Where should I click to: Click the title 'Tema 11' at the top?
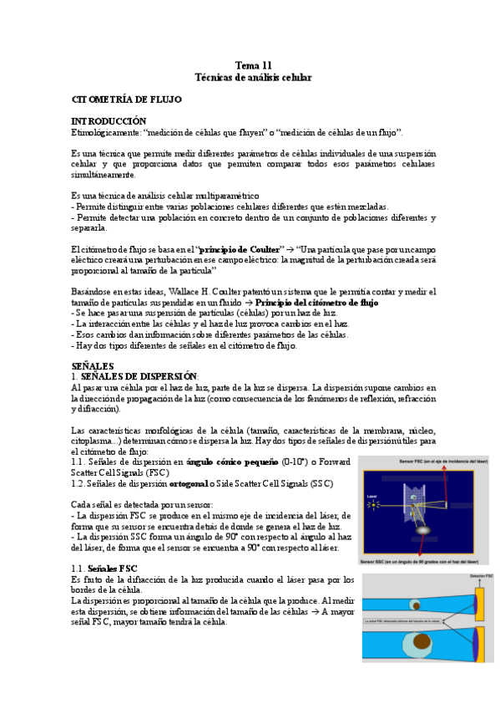point(253,64)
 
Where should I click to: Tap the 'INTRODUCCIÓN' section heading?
point(109,121)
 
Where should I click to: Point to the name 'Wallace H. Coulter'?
point(206,291)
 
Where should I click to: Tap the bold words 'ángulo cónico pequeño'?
point(233,461)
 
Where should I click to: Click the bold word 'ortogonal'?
point(194,483)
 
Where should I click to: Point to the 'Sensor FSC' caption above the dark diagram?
point(426,461)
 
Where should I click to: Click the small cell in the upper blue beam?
point(415,605)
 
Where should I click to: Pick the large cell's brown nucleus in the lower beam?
point(417,645)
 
